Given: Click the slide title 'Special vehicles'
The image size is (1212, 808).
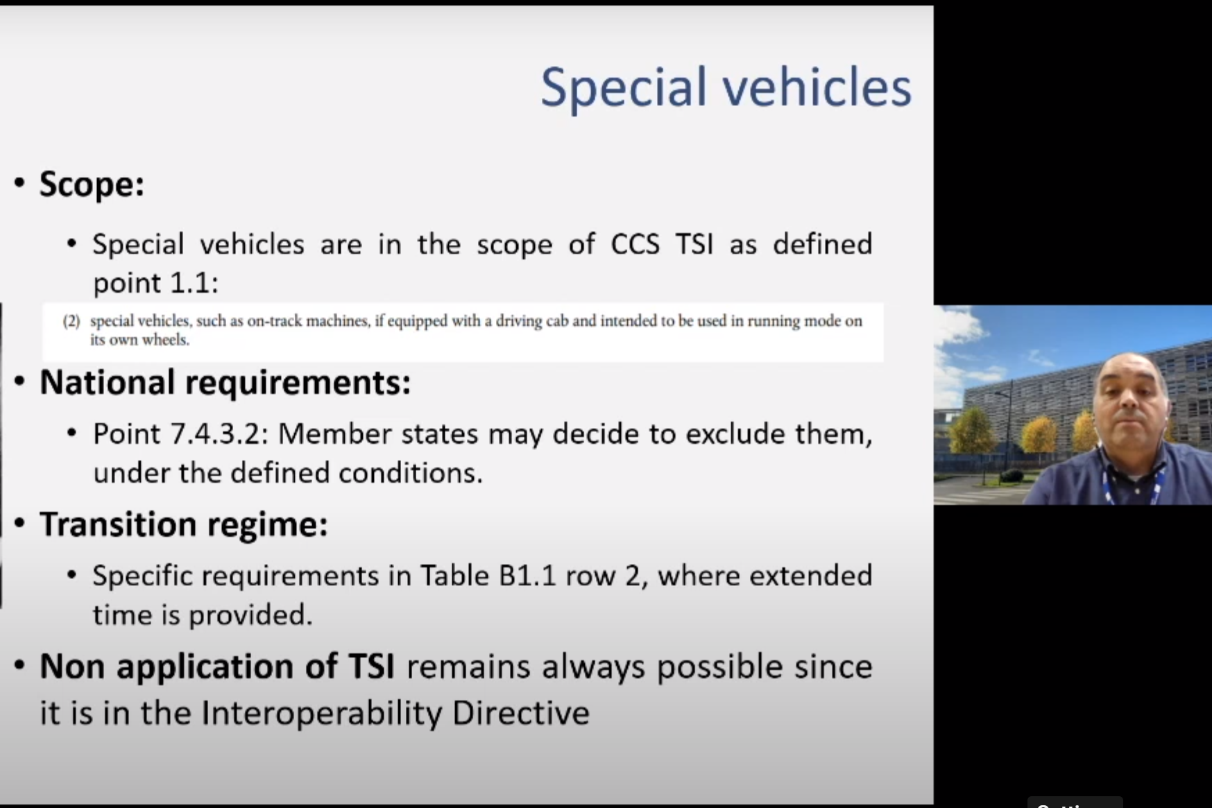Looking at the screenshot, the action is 726,87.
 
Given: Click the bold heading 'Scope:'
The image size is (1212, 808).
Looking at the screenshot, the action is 92,184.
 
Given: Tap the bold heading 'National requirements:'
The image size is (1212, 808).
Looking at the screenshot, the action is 225,383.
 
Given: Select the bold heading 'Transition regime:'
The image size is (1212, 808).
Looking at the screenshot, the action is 183,524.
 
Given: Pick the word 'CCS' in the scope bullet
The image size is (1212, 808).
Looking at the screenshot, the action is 635,244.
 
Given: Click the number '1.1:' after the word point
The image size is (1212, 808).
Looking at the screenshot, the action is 194,283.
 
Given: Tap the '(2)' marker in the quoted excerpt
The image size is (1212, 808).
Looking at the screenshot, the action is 71,321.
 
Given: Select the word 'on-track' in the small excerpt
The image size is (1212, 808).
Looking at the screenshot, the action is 275,321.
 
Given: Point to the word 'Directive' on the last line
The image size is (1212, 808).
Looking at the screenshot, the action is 521,713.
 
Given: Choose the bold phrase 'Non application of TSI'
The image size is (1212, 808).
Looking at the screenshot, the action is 217,667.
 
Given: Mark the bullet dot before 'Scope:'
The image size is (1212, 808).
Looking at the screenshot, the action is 19,183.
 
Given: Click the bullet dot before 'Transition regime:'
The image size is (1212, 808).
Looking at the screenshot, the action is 19,523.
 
